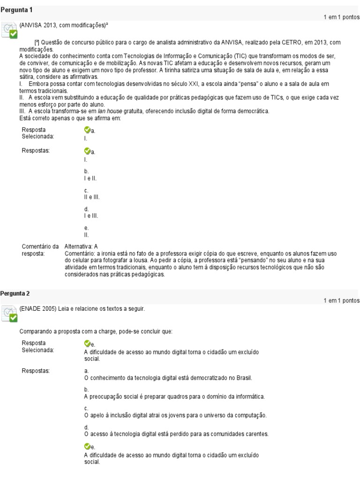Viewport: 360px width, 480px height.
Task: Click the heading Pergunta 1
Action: (16, 10)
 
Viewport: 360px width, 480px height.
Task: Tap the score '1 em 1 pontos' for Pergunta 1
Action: (341, 17)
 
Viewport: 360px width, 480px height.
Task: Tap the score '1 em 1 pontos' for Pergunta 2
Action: (341, 300)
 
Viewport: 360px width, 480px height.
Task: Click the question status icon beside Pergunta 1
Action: (10, 31)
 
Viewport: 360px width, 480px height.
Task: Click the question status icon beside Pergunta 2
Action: (10, 315)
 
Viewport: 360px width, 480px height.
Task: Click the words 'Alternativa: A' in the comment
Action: (81, 246)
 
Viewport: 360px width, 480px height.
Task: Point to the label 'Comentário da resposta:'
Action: (40, 249)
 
